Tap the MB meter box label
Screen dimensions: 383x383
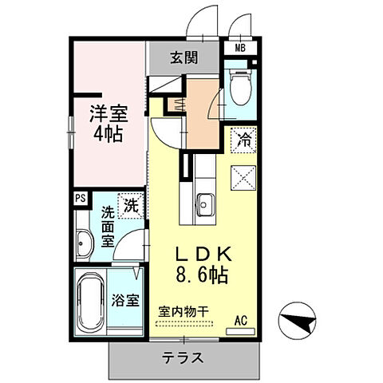239,48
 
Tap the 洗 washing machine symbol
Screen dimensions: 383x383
129,205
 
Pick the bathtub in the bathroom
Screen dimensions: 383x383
89,303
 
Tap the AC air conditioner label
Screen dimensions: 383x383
240,321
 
